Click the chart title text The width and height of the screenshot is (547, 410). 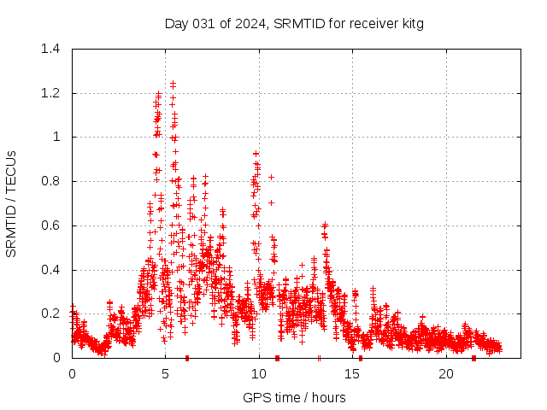[294, 23]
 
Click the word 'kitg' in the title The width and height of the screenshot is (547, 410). [411, 23]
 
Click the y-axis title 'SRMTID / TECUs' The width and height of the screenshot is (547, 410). [11, 203]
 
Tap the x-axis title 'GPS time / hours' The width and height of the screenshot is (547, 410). [294, 397]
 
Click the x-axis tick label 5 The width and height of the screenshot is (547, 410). [166, 374]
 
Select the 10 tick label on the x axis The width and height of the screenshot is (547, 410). [259, 374]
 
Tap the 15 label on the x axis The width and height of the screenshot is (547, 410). [353, 374]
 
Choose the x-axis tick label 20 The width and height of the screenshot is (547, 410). [446, 374]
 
